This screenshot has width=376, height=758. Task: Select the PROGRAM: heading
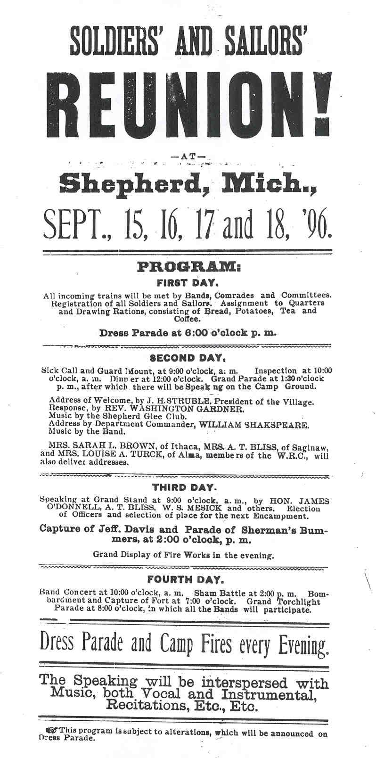[x=188, y=268]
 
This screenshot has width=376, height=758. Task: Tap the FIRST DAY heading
[x=187, y=284]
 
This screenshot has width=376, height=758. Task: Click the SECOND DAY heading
[x=188, y=357]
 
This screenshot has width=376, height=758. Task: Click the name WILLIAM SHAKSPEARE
[x=254, y=424]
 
